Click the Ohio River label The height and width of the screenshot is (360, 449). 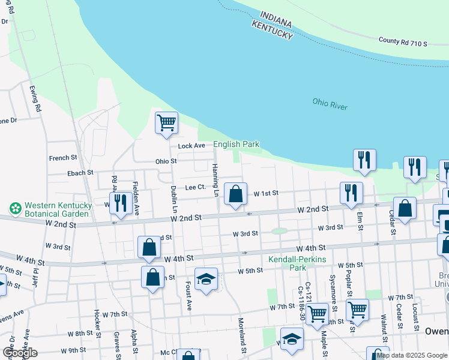pyautogui.click(x=330, y=104)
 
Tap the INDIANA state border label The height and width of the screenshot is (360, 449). pyautogui.click(x=276, y=19)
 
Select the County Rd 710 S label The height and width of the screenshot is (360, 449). pyautogui.click(x=403, y=42)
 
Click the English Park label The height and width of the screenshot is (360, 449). pyautogui.click(x=237, y=144)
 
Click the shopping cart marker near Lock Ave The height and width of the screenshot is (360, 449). pyautogui.click(x=166, y=123)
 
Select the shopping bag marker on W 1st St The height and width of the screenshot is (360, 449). pyautogui.click(x=236, y=194)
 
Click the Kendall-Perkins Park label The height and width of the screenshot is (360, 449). pyautogui.click(x=292, y=263)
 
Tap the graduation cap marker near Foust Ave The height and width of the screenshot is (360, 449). pyautogui.click(x=206, y=279)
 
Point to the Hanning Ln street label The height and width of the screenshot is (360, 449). pyautogui.click(x=214, y=176)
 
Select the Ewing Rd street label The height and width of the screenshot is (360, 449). pyautogui.click(x=35, y=99)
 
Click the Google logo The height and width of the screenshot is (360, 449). pyautogui.click(x=20, y=353)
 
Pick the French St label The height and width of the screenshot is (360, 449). pyautogui.click(x=63, y=158)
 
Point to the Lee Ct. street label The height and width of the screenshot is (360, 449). pyautogui.click(x=196, y=187)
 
